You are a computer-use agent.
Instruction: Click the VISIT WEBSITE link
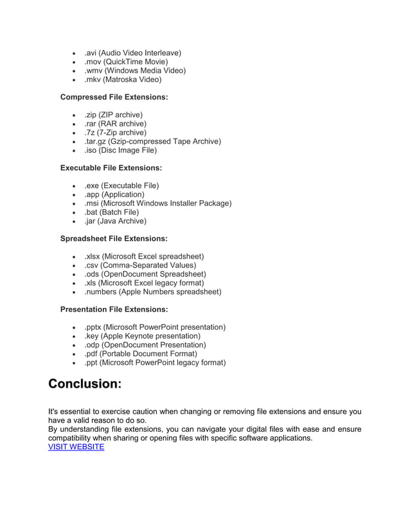click(x=76, y=447)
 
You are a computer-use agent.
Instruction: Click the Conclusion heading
click(x=85, y=384)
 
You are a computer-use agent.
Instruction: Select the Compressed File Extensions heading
click(x=114, y=97)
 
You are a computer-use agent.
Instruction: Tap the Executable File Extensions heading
click(x=111, y=168)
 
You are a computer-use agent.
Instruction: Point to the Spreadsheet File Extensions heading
click(x=114, y=239)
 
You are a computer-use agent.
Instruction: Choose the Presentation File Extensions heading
click(x=116, y=309)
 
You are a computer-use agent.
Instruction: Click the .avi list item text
click(x=132, y=53)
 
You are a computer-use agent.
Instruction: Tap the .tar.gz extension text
click(x=96, y=141)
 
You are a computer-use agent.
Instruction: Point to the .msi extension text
click(x=93, y=203)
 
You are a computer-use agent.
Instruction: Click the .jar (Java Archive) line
click(x=115, y=221)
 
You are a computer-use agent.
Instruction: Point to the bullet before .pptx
click(x=75, y=327)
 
